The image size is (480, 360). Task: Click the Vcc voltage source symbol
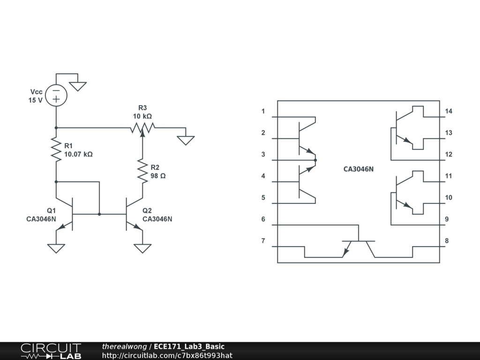pyautogui.click(x=56, y=95)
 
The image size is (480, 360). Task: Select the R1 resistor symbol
pyautogui.click(x=56, y=150)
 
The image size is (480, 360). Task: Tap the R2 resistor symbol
pyautogui.click(x=142, y=171)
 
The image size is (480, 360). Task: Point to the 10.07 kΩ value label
pyautogui.click(x=78, y=154)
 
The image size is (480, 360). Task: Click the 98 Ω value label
pyautogui.click(x=158, y=176)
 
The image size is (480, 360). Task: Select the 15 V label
pyautogui.click(x=35, y=100)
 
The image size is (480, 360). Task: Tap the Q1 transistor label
pyautogui.click(x=51, y=210)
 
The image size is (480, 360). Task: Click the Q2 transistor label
pyautogui.click(x=147, y=210)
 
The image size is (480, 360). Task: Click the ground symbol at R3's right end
pyautogui.click(x=186, y=140)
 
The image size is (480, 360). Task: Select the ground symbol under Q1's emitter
pyautogui.click(x=56, y=248)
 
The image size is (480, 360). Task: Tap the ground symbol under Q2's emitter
pyautogui.click(x=142, y=248)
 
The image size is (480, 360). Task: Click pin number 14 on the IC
pyautogui.click(x=449, y=111)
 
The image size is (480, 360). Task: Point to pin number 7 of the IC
pyautogui.click(x=263, y=241)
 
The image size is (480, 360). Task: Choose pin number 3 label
pyautogui.click(x=263, y=154)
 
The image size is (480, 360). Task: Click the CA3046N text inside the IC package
pyautogui.click(x=359, y=169)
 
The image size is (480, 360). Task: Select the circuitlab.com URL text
pyautogui.click(x=167, y=355)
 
